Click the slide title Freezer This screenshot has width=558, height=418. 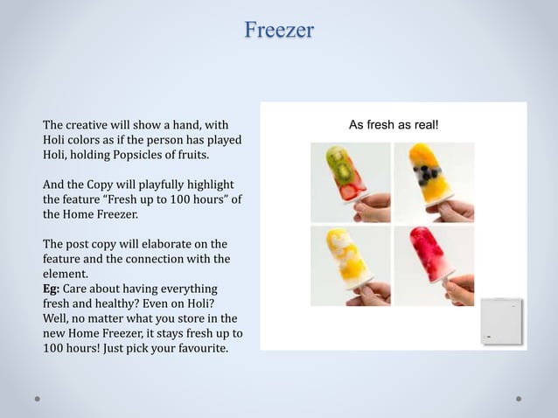[279, 31]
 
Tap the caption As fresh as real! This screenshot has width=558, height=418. [393, 125]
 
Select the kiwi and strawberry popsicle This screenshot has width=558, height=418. [343, 171]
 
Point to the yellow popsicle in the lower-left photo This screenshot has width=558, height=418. [343, 253]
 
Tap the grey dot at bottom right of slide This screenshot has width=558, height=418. [519, 398]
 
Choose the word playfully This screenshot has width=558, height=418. [163, 185]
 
